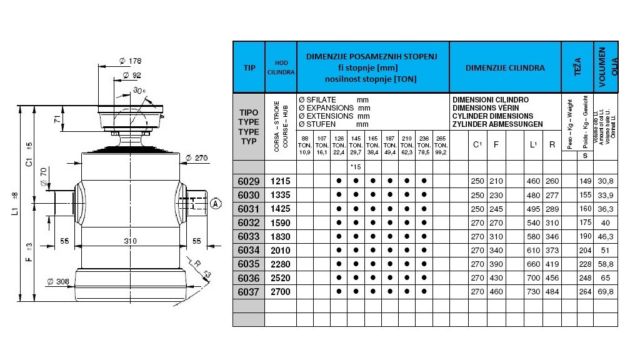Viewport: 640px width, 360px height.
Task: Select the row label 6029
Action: click(x=248, y=181)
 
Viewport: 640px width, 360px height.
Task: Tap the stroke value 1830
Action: click(x=280, y=236)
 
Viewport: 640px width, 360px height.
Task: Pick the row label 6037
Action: click(x=248, y=291)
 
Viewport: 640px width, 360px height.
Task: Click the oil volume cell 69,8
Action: click(x=606, y=291)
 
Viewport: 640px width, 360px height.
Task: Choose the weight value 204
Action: click(x=585, y=249)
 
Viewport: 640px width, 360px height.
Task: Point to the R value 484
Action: click(x=552, y=291)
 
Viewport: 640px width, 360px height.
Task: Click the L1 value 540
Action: click(x=533, y=222)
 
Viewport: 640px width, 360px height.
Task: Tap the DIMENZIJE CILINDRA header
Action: click(x=505, y=67)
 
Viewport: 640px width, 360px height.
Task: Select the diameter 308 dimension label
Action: click(x=58, y=281)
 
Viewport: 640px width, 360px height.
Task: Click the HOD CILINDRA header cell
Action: click(x=280, y=67)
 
